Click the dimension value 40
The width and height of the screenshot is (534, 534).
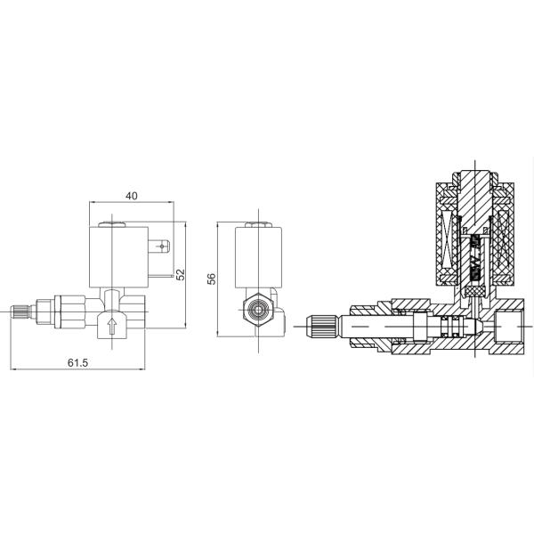tap(132, 196)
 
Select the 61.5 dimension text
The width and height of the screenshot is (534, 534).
tap(77, 363)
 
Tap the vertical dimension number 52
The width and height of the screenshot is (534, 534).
tap(181, 274)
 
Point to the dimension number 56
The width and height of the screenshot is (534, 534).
tap(212, 279)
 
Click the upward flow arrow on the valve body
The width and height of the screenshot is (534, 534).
tap(112, 327)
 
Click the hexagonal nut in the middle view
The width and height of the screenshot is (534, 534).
tap(258, 310)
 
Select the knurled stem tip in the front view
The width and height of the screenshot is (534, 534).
tap(20, 312)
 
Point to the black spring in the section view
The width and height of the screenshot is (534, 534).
tap(474, 258)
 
